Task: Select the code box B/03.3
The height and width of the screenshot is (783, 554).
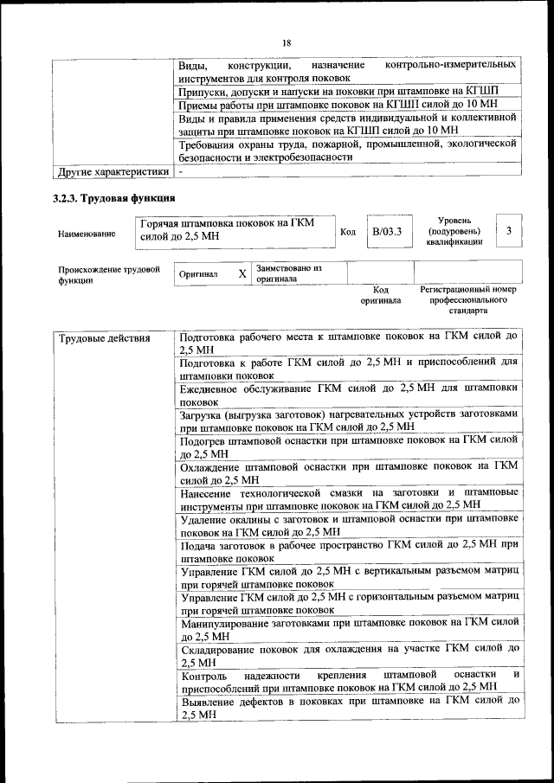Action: coord(387,232)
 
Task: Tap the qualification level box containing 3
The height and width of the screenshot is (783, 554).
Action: coord(509,231)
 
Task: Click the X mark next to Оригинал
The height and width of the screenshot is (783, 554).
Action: coord(242,273)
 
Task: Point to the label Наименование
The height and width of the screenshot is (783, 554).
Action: coord(86,234)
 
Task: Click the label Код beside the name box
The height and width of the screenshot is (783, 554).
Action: coord(348,232)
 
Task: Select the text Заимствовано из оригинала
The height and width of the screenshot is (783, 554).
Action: coord(289,273)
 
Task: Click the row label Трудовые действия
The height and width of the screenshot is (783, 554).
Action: coord(93,338)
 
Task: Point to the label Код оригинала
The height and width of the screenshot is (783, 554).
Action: coord(381,295)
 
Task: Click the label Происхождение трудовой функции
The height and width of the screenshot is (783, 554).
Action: coord(109,274)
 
